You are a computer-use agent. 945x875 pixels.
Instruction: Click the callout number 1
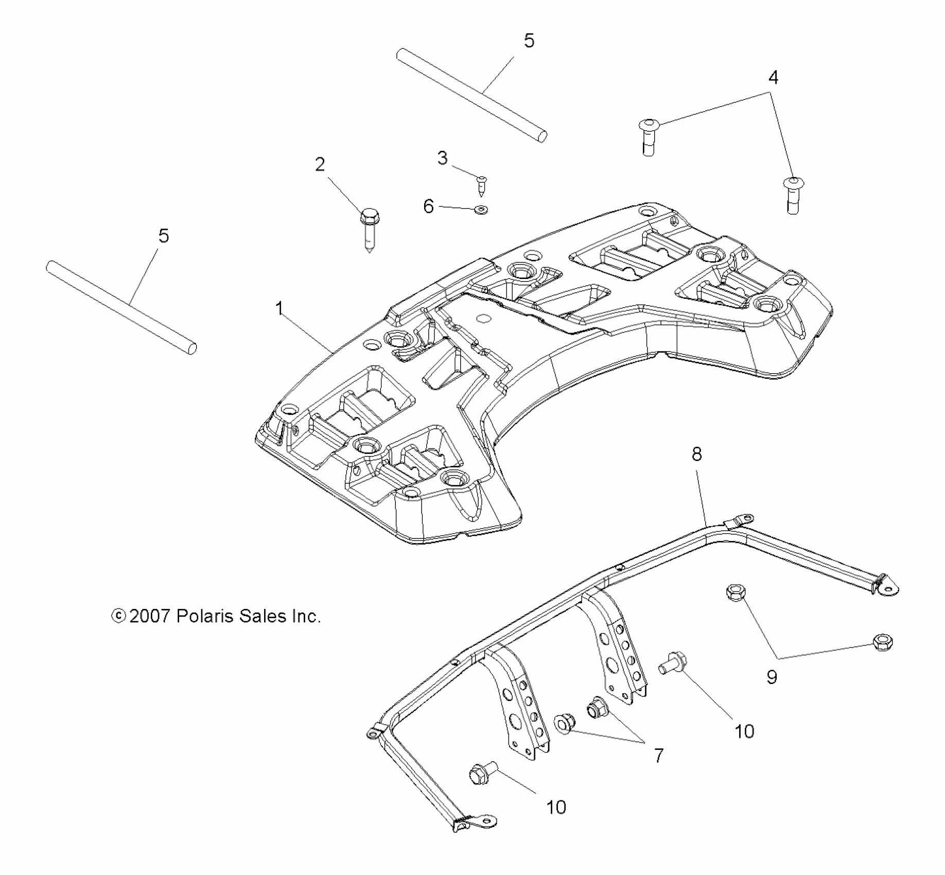tap(279, 309)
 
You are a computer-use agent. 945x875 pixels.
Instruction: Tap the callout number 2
tap(320, 165)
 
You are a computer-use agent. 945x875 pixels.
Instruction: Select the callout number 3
tap(442, 158)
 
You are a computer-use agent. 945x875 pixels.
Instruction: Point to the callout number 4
tap(773, 78)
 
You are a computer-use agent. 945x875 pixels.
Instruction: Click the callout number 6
tap(428, 206)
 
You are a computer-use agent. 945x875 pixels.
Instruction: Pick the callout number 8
tap(696, 454)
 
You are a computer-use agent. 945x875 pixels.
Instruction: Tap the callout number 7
tap(659, 755)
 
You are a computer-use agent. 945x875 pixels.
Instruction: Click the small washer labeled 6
tap(482, 209)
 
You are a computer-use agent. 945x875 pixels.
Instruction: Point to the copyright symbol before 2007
tap(118, 616)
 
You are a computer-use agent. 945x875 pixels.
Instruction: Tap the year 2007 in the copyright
tap(149, 616)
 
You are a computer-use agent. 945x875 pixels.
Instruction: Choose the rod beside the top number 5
tap(471, 95)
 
